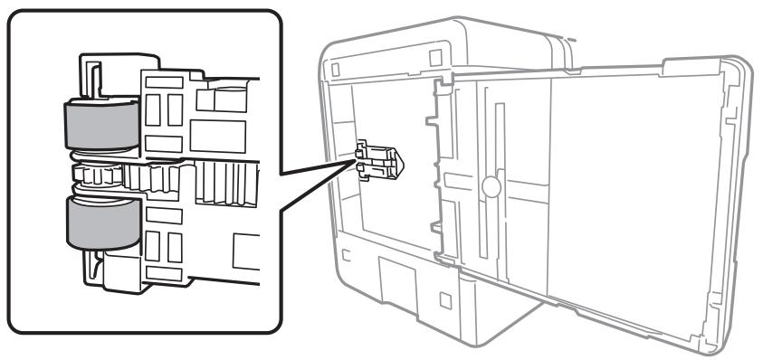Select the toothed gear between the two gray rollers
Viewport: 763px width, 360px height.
click(104, 172)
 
